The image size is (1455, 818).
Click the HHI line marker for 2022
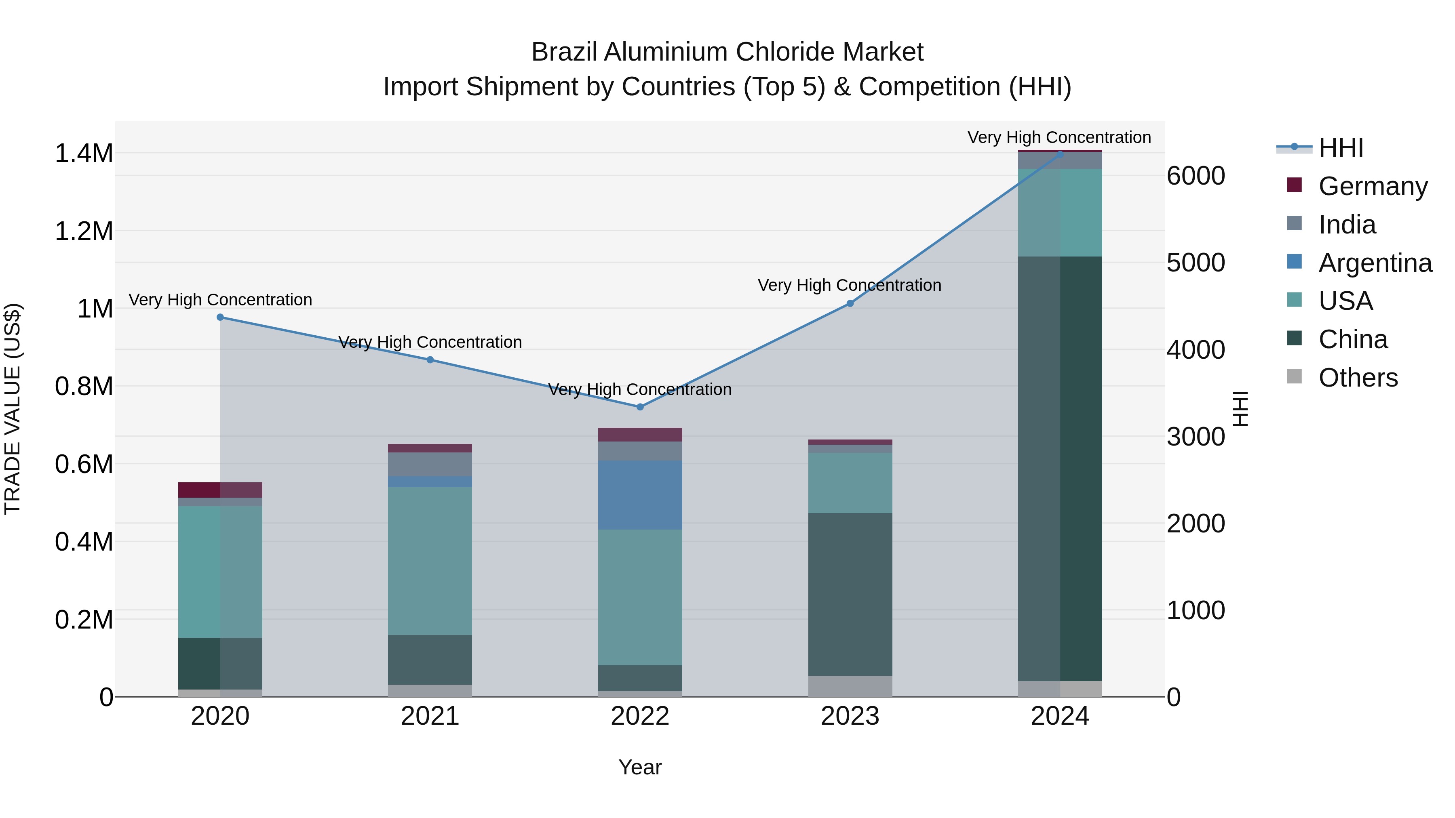click(x=640, y=407)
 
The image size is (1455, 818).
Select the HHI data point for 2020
click(x=220, y=317)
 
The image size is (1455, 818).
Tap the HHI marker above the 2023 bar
click(x=850, y=304)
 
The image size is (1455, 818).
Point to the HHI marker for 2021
click(x=430, y=360)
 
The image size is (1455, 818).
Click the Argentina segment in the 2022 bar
click(x=640, y=495)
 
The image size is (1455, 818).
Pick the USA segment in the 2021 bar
click(x=430, y=561)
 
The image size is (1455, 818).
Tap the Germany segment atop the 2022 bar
click(x=640, y=435)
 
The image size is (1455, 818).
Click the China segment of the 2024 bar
click(x=1060, y=469)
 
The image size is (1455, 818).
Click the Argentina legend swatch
click(x=1294, y=262)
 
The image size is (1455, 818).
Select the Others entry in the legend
click(x=1358, y=378)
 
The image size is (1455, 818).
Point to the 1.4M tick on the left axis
click(x=84, y=154)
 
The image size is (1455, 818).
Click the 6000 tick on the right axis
click(x=1196, y=176)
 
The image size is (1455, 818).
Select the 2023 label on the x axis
click(x=850, y=716)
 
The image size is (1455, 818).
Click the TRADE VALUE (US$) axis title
click(x=13, y=409)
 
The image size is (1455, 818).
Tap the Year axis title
click(x=640, y=767)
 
